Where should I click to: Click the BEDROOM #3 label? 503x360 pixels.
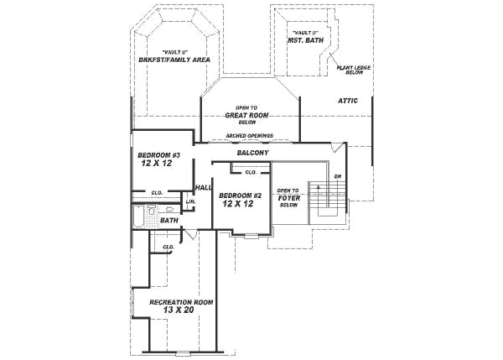(160, 155)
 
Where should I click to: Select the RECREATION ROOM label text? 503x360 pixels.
(180, 301)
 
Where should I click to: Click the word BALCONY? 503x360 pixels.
(252, 153)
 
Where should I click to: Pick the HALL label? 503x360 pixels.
(204, 187)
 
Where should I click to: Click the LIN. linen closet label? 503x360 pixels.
(190, 201)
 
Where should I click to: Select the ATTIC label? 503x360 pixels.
(348, 101)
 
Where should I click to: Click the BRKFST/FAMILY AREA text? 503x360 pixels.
(174, 60)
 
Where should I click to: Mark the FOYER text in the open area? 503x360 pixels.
(289, 198)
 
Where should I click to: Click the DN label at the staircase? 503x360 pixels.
(337, 176)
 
